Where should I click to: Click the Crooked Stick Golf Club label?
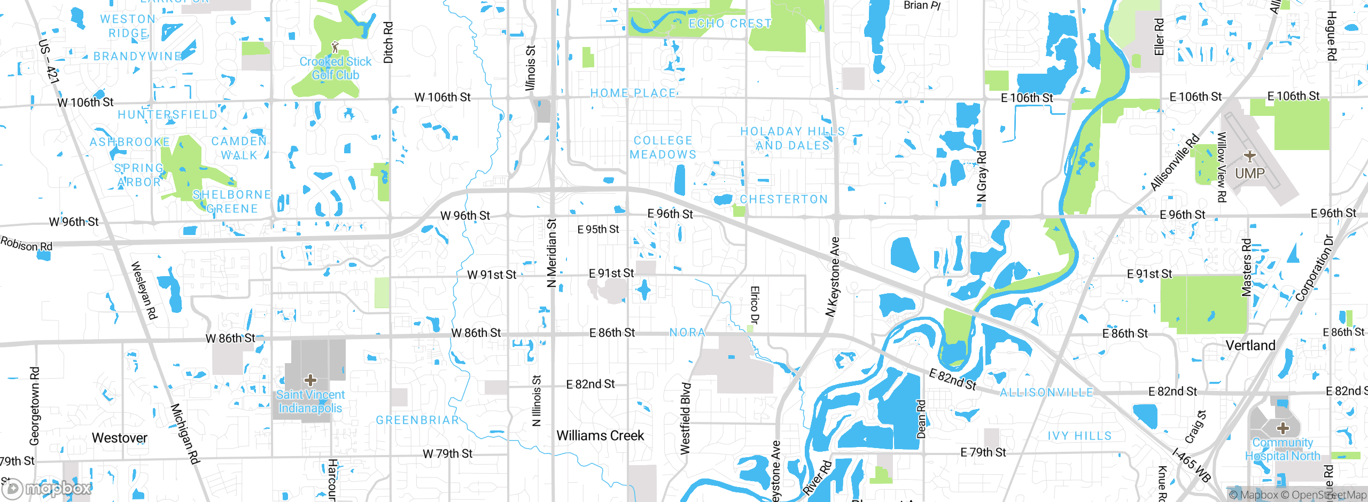(335, 68)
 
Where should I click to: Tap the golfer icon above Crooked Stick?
(335, 47)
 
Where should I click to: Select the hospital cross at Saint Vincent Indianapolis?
(310, 380)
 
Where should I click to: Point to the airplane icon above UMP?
(1249, 156)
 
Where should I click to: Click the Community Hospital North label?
(1282, 449)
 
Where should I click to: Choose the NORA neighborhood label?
(687, 333)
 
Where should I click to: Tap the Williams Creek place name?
(600, 436)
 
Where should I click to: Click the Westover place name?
(119, 438)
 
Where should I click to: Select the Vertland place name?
(1250, 346)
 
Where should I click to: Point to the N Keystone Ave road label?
(833, 277)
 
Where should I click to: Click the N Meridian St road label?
(552, 253)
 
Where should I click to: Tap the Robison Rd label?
(26, 244)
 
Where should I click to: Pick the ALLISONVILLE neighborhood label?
(1046, 393)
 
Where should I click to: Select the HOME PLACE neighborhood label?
(633, 93)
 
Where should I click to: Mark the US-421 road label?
(49, 61)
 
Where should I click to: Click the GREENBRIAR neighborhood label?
(417, 420)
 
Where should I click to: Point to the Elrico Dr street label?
(754, 305)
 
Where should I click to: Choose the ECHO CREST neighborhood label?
(730, 23)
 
